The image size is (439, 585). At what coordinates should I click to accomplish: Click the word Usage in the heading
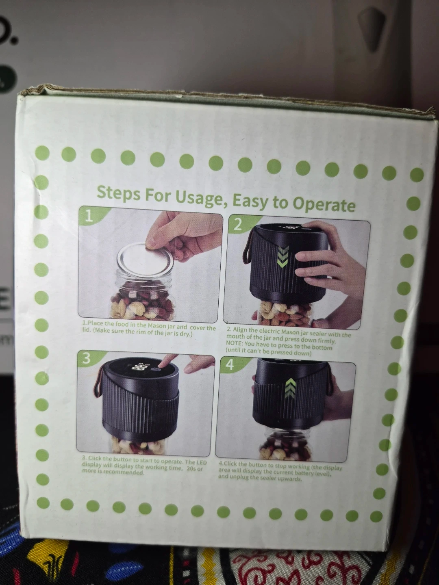198,198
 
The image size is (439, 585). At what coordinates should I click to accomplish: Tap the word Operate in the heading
324,205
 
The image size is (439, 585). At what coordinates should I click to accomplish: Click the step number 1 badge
89,217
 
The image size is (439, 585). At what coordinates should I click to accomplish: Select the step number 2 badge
238,225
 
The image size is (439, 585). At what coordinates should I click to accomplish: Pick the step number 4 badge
230,365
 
